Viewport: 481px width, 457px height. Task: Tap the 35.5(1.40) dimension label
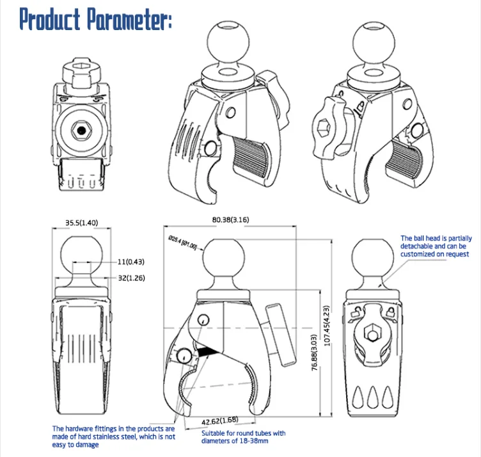81,223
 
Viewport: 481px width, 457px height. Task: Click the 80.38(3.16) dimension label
231,220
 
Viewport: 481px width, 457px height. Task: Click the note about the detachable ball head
435,246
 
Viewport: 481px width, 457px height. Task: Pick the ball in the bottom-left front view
81,251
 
